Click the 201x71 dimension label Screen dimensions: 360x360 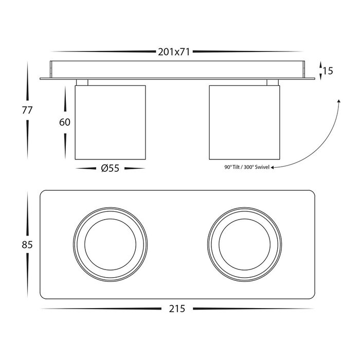174,52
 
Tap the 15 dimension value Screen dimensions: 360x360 328,71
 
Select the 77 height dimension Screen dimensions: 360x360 27,110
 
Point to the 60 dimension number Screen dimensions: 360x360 65,122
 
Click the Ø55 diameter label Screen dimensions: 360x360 110,168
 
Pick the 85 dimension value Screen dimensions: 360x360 27,245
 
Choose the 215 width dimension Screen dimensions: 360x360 177,309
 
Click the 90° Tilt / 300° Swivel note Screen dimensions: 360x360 247,167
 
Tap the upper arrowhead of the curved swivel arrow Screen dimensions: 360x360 339,101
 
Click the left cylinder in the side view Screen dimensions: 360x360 110,122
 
